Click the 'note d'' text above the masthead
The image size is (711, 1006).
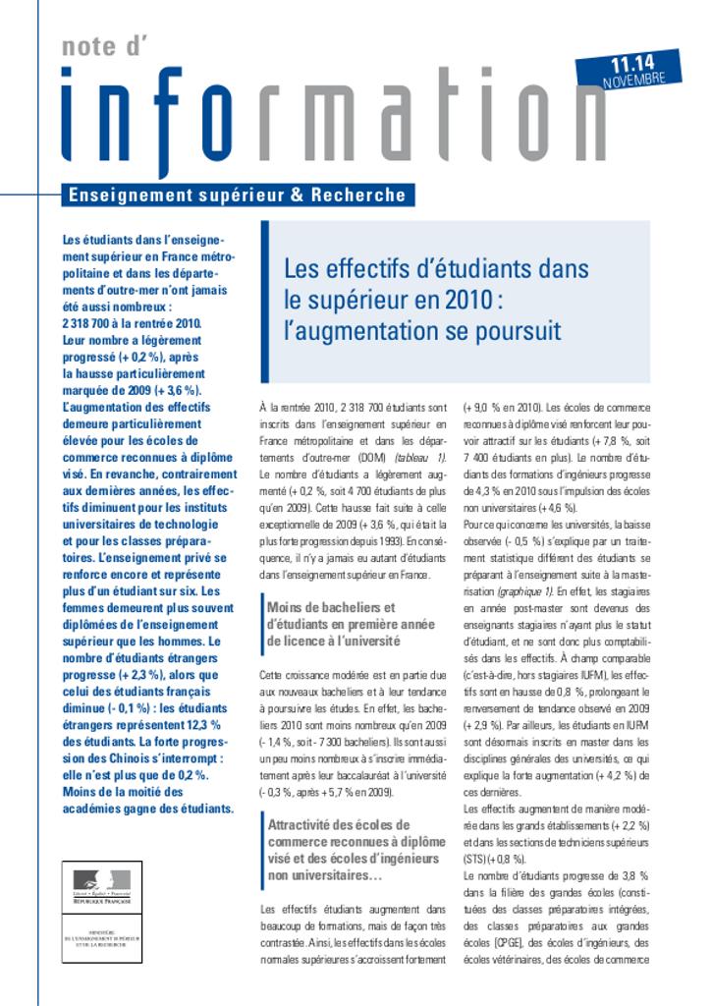103,43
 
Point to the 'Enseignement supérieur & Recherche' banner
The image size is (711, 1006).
236,195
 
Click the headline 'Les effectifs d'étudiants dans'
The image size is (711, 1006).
436,268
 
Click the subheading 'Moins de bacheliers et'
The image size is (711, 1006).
330,607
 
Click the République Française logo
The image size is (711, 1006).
101,885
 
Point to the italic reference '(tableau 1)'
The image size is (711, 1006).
419,458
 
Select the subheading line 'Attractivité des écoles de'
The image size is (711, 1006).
339,824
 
